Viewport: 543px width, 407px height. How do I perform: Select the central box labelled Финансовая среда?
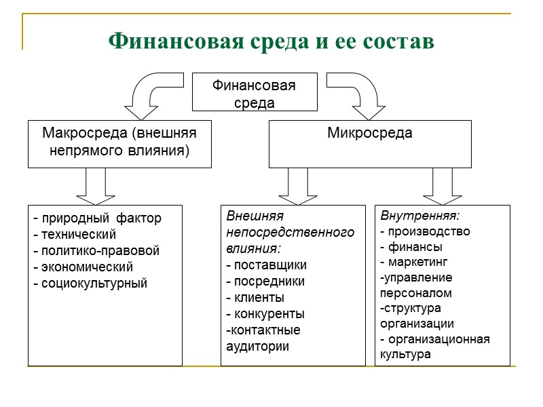tap(255, 92)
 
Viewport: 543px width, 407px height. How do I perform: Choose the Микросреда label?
tap(370, 133)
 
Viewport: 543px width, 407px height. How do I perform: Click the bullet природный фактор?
tap(98, 218)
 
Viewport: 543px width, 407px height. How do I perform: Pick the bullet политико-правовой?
tap(96, 251)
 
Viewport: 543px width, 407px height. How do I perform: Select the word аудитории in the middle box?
tap(257, 346)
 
